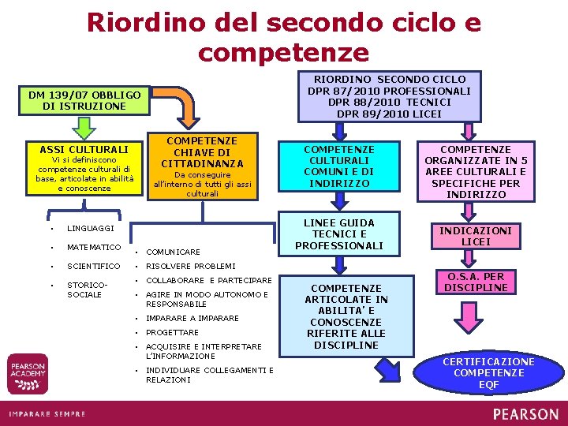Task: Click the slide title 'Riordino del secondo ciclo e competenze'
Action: coord(284,36)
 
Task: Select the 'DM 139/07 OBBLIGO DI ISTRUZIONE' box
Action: coord(84,100)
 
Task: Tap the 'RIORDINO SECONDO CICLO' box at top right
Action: coord(390,97)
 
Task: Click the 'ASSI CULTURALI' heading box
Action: coord(84,149)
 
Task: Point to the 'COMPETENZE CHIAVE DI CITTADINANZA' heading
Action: coord(203,152)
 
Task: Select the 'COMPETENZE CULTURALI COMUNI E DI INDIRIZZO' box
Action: coord(339,166)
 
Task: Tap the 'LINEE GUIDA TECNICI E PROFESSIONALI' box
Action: coord(339,234)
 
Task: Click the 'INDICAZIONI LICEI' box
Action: coord(481,236)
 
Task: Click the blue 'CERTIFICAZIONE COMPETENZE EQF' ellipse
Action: coord(488,372)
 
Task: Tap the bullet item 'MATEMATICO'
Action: coord(94,248)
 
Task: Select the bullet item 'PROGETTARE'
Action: coord(172,333)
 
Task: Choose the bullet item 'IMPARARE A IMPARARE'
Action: coord(192,319)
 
